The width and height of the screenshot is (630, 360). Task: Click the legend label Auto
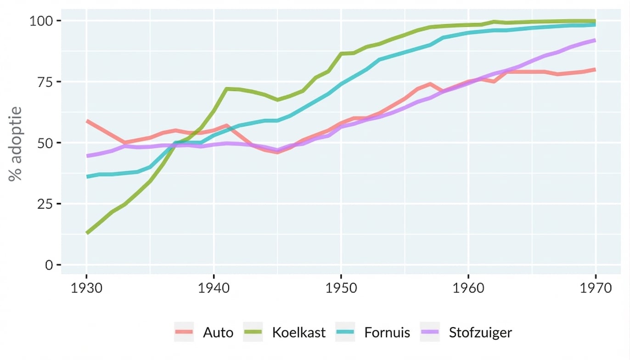[x=218, y=332]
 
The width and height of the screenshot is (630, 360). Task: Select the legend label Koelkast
[x=298, y=332]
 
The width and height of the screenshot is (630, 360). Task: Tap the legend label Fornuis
[x=387, y=332]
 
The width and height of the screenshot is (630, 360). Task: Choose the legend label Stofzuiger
[x=480, y=332]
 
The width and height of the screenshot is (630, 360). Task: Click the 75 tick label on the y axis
[x=45, y=82]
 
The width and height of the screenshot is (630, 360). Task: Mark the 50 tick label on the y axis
[x=45, y=143]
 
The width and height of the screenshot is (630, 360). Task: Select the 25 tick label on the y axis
[x=45, y=204]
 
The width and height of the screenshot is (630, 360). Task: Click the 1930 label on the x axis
[x=86, y=288]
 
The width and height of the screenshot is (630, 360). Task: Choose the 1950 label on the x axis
[x=341, y=288]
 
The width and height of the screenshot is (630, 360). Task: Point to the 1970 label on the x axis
[x=595, y=288]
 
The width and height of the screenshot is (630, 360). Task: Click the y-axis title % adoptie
[x=16, y=143]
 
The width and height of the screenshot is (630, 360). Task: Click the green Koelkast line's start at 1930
[x=87, y=233]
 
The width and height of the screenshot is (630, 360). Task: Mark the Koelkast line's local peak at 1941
[x=226, y=89]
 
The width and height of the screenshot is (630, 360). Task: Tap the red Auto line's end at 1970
[x=595, y=69]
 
